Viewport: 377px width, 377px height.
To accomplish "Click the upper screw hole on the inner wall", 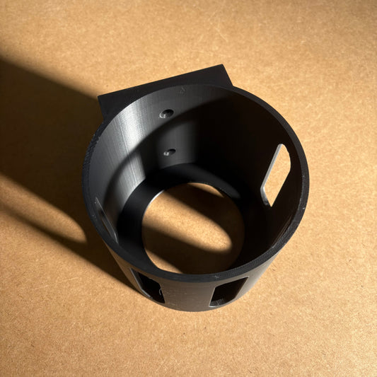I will tap(167, 113).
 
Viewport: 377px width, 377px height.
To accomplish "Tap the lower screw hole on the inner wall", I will tap(169, 151).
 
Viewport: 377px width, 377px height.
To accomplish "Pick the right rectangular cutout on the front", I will tap(228, 291).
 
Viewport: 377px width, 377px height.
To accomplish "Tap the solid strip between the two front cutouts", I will tap(188, 296).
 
